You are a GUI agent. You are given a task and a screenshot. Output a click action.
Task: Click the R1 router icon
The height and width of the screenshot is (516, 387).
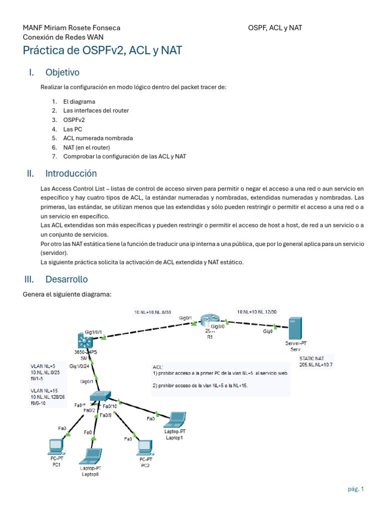point(207,321)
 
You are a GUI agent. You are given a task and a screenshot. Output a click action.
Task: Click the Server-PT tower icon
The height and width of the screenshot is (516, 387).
point(294,329)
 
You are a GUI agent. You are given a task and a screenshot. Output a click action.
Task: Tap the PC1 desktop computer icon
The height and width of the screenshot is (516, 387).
point(55,446)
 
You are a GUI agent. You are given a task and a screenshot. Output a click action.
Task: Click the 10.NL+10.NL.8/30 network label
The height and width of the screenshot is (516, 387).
point(152,312)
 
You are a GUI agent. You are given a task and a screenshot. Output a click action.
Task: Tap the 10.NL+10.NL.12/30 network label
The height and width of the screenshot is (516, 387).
point(256,312)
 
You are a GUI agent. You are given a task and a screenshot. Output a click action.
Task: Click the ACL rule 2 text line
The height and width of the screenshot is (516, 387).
point(200,385)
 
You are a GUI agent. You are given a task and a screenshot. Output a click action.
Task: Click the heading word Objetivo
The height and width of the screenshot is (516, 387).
point(62,73)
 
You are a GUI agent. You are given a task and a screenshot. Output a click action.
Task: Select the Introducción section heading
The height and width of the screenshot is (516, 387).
point(71,174)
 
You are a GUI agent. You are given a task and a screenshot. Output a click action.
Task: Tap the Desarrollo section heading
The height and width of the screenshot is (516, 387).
point(66,279)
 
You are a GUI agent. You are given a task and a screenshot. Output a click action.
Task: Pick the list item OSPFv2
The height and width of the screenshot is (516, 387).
point(74,120)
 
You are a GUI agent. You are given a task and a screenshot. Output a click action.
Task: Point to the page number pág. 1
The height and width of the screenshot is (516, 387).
point(355,488)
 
